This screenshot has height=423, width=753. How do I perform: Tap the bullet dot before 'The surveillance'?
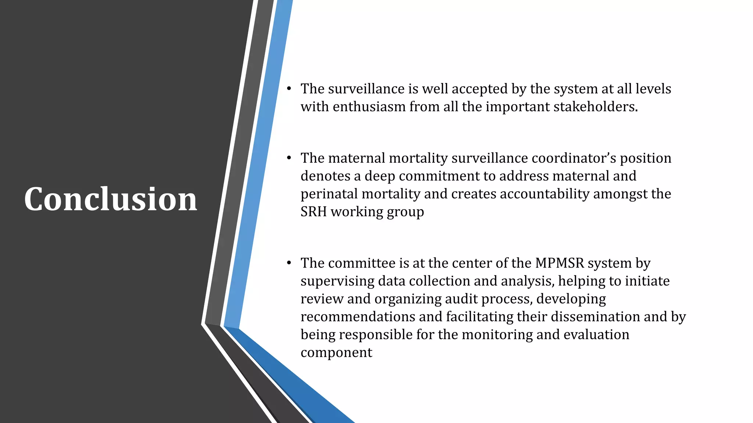coord(289,88)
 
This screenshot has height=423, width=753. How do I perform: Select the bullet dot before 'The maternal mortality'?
coord(289,158)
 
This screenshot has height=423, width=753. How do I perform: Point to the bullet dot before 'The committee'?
coord(289,263)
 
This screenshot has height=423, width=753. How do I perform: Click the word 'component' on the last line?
coord(336,352)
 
